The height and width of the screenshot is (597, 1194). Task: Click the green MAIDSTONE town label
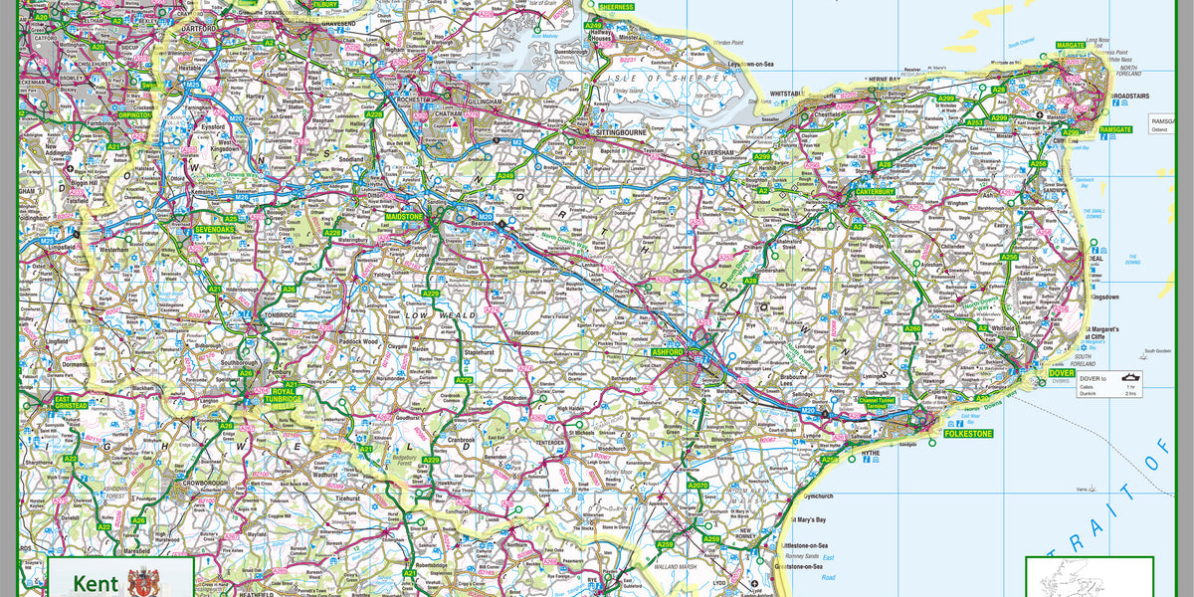[404, 216]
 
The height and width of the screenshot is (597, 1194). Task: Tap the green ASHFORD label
[668, 352]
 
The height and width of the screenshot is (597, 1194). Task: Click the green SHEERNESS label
[616, 7]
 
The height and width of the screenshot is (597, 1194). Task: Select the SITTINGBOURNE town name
[622, 131]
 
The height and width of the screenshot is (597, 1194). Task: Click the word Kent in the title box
[95, 584]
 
